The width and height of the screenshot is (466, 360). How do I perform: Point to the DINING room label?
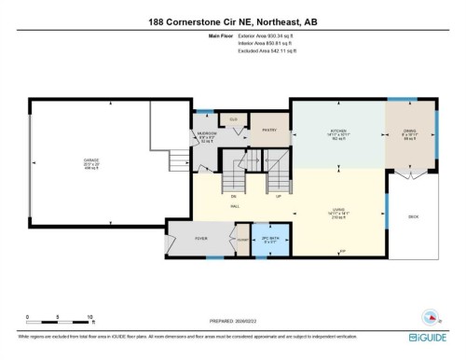[x=410, y=132]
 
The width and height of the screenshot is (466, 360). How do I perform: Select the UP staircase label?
[x=279, y=197]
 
